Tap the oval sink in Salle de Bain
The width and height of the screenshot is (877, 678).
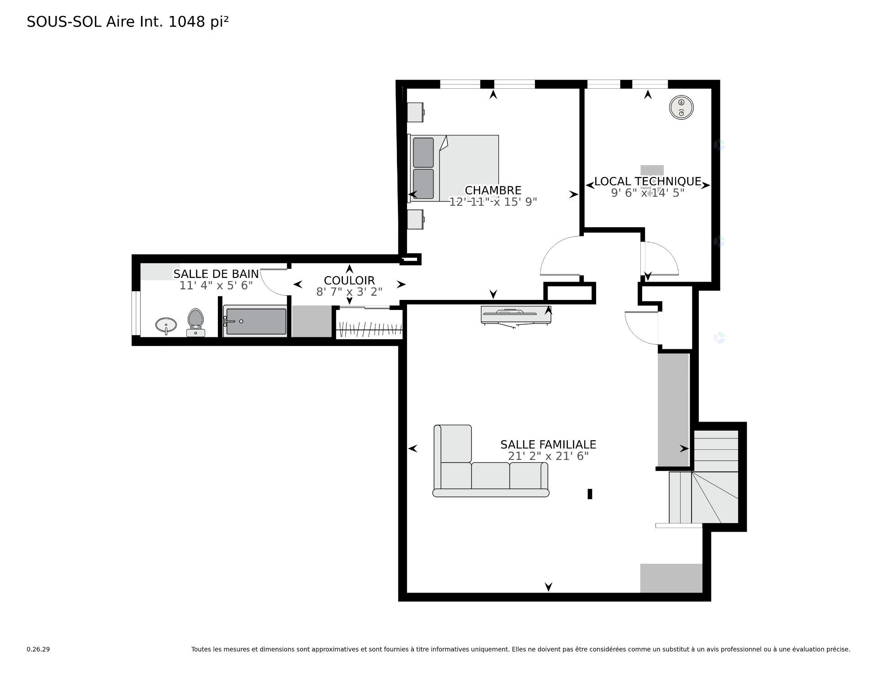coord(166,326)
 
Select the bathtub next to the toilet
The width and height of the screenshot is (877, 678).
coord(255,321)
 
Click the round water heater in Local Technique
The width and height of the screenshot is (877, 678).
coord(681,108)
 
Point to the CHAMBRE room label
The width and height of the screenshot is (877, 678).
coord(493,190)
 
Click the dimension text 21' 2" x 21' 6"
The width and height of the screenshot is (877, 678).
coord(548,456)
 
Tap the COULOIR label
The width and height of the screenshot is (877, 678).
coord(349,280)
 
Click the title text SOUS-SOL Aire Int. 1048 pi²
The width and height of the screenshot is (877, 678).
coord(127,22)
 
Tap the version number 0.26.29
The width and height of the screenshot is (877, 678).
coord(38,649)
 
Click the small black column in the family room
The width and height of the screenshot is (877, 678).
coord(590,494)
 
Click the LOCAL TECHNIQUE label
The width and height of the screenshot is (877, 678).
coord(647,182)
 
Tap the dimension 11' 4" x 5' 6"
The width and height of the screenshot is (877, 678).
coord(216,286)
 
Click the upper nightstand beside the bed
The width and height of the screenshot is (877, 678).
coord(416,112)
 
